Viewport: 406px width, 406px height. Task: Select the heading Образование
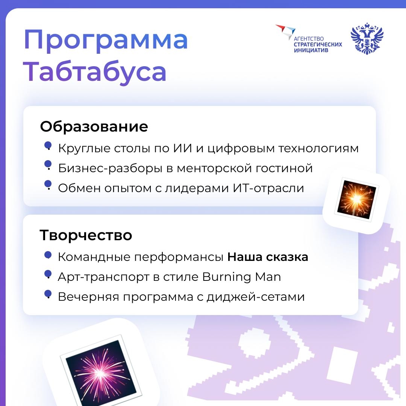click(x=94, y=127)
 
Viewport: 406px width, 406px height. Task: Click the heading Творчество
click(x=86, y=235)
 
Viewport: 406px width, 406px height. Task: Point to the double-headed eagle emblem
click(x=367, y=39)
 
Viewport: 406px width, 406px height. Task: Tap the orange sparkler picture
click(x=356, y=200)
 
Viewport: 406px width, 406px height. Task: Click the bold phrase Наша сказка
click(x=268, y=257)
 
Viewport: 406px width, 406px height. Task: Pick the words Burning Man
click(x=241, y=277)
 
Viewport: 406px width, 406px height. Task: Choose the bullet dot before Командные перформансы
click(x=48, y=255)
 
